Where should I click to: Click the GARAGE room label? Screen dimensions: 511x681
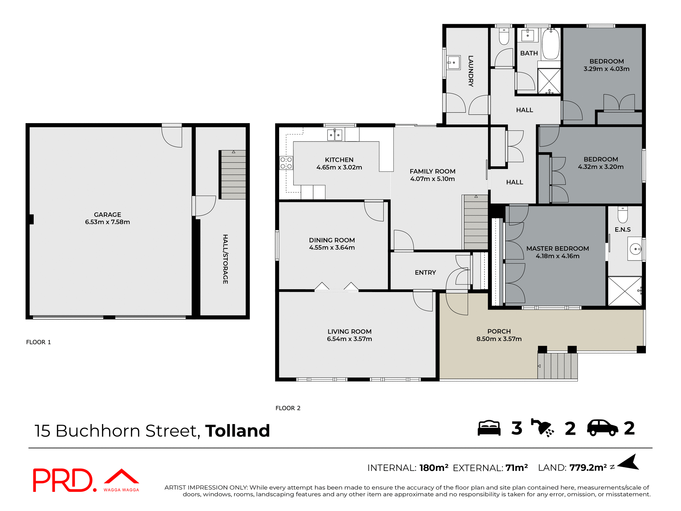(107, 215)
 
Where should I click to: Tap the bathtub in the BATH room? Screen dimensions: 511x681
(551, 44)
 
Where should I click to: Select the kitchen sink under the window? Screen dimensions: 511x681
(334, 135)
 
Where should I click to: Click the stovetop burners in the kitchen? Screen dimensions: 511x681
(286, 163)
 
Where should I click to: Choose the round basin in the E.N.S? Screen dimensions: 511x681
(635, 249)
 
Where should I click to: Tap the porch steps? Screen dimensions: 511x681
(557, 366)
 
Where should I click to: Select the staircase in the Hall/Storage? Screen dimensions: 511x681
(233, 175)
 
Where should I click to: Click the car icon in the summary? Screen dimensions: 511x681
(602, 428)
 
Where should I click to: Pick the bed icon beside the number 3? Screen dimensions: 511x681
(489, 428)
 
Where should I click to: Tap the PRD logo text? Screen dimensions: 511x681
(63, 480)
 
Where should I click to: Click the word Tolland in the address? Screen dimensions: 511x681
(237, 431)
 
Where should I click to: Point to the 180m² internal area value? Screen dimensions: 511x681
(433, 468)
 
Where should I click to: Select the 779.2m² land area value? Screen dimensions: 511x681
(588, 468)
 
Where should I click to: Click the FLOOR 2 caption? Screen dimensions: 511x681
(288, 408)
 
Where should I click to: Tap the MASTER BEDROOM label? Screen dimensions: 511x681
(557, 248)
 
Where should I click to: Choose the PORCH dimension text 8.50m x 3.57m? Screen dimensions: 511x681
(499, 339)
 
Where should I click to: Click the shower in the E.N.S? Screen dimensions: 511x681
(625, 291)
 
